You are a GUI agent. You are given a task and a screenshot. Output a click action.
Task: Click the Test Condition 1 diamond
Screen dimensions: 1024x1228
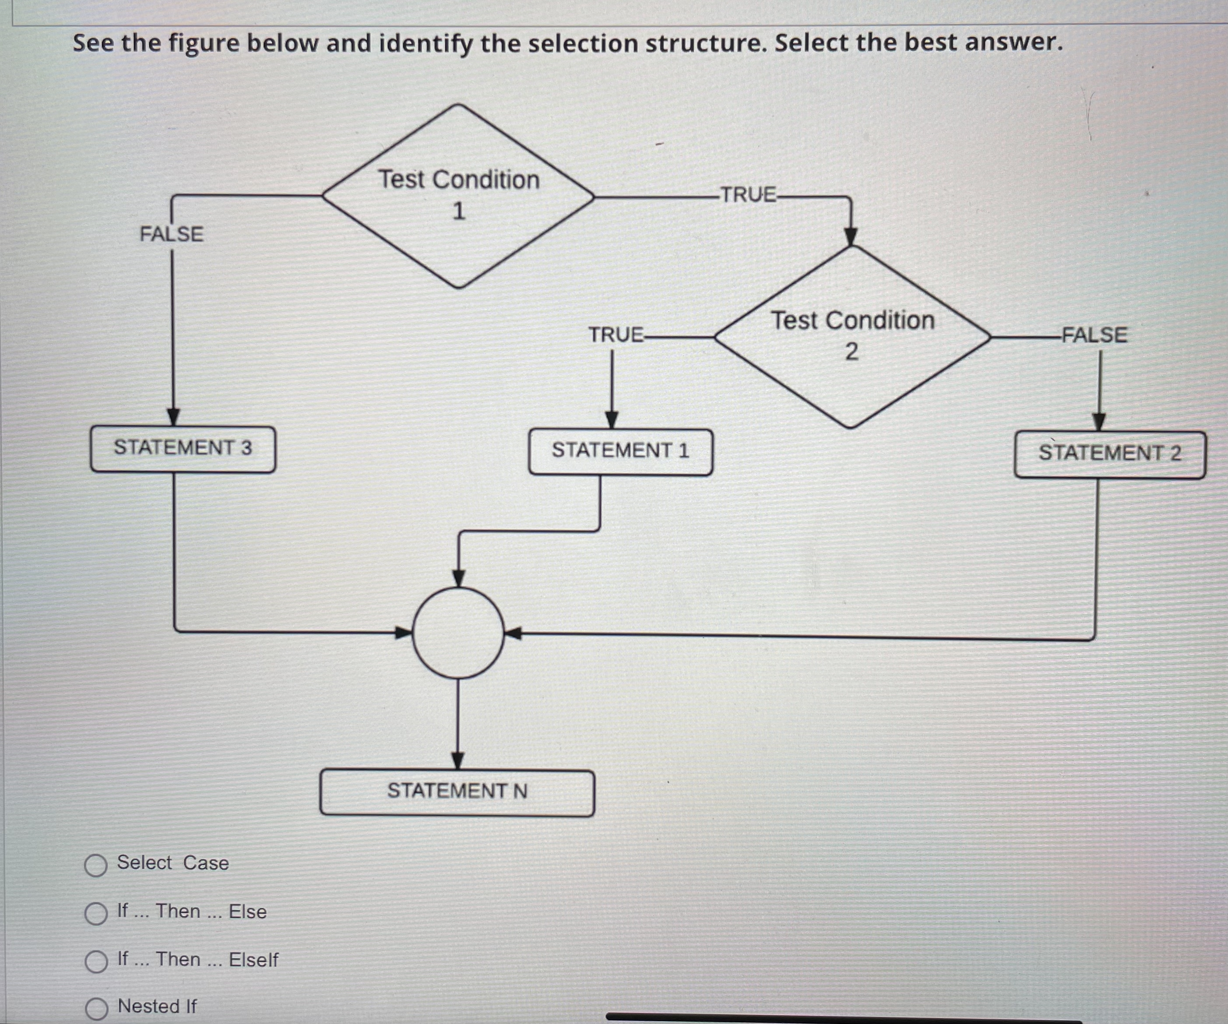[458, 196]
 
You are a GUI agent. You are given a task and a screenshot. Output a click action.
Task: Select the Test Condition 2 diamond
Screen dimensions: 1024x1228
[852, 337]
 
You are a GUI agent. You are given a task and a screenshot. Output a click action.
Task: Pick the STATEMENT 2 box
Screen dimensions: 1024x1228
[1109, 454]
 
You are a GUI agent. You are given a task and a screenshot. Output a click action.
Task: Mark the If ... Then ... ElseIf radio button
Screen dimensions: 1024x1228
[96, 961]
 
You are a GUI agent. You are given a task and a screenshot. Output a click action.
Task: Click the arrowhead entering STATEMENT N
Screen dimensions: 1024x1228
[458, 761]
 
